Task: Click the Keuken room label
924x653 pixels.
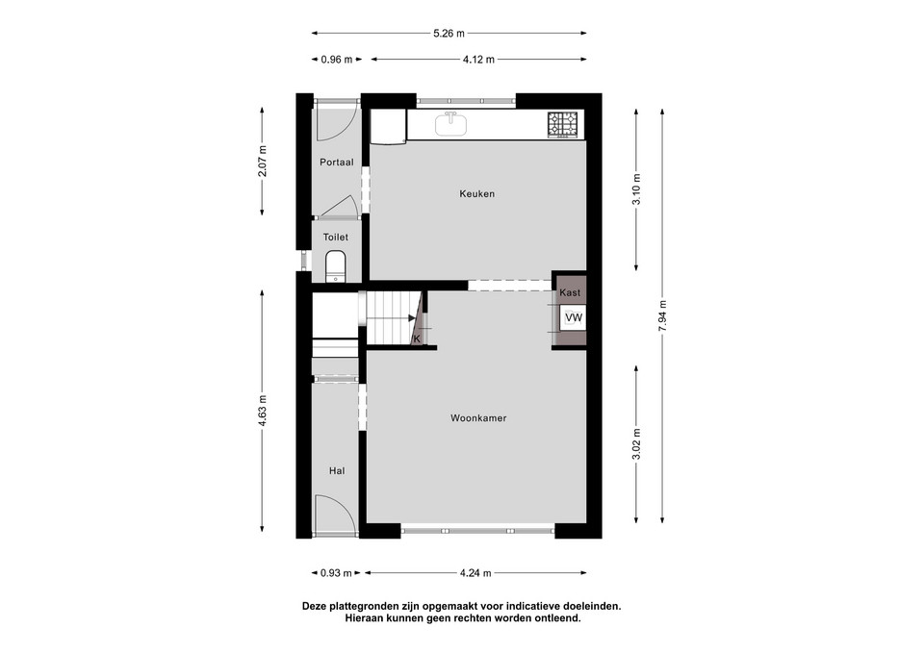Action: tap(476, 193)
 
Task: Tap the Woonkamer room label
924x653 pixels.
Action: tap(478, 418)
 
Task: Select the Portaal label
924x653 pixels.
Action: tap(337, 162)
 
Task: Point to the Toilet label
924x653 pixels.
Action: tap(335, 238)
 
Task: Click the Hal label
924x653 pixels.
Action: tap(337, 471)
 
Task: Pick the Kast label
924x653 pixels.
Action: tap(570, 292)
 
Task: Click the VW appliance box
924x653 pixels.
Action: tap(573, 318)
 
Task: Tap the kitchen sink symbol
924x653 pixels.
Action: tap(451, 124)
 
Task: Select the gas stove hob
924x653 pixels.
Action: tap(563, 125)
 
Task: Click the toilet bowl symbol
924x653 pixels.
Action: tap(336, 266)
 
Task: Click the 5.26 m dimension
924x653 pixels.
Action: tap(449, 34)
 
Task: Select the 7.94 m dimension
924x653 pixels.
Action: tap(663, 315)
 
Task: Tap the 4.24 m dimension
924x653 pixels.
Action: tap(475, 573)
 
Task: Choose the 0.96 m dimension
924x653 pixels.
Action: tap(337, 60)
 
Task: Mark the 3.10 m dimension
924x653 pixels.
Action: tap(636, 189)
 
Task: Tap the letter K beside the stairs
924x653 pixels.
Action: tap(417, 339)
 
